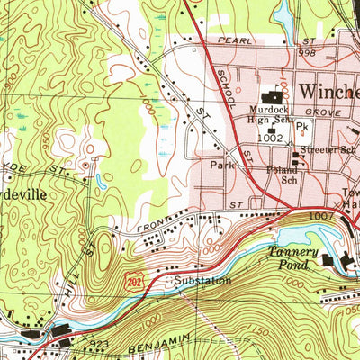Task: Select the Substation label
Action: tap(202, 281)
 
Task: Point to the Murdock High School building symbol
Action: tap(268, 97)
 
